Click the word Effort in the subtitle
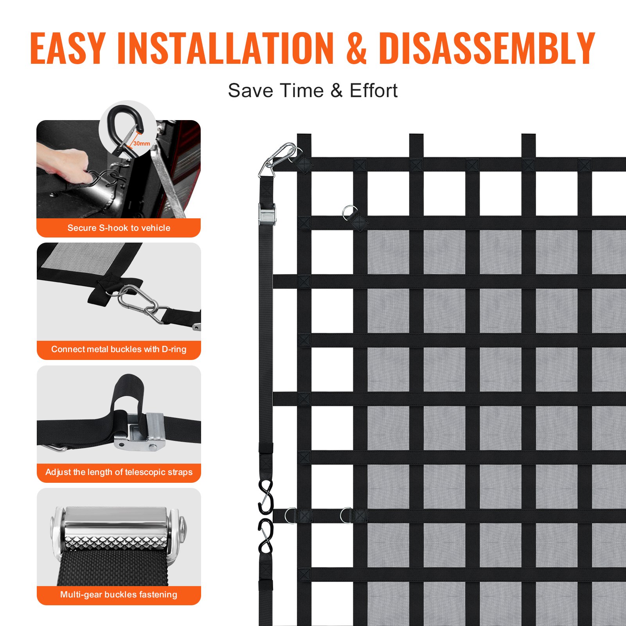tap(373, 91)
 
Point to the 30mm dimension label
tap(142, 144)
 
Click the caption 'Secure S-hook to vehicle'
tap(119, 228)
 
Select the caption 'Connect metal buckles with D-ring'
tap(119, 349)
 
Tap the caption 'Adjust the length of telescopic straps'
tap(119, 472)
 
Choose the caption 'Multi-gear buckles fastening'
tap(119, 595)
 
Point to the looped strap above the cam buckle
tap(127, 391)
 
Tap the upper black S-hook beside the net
tap(266, 497)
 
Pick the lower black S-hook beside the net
tap(266, 536)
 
